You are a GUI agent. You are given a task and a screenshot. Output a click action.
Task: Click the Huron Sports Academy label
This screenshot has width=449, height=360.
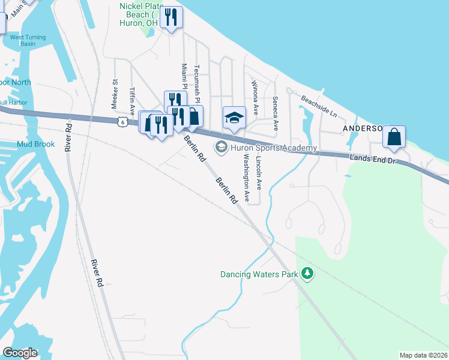tap(273, 148)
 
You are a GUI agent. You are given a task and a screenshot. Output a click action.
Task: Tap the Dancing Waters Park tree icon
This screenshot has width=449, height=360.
tap(307, 274)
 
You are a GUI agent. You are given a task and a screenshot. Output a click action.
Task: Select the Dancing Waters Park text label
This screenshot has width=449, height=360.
tap(259, 274)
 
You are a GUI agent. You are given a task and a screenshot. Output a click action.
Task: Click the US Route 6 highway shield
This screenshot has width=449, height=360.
tap(122, 122)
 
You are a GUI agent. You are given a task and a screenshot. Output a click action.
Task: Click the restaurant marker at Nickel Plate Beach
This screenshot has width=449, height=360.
tap(172, 17)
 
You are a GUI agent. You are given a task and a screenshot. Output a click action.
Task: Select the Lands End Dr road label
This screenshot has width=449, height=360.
tap(373, 158)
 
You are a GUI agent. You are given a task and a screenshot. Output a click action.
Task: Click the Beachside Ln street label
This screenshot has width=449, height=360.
tap(319, 106)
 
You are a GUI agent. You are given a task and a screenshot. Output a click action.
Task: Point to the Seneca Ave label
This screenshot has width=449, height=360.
tap(276, 113)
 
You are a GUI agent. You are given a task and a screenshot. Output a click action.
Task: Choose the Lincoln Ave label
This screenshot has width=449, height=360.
tap(259, 174)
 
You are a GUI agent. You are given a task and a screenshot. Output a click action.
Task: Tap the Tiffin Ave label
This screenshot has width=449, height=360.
tap(131, 101)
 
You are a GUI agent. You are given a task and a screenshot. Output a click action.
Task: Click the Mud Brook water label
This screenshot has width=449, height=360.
tap(36, 144)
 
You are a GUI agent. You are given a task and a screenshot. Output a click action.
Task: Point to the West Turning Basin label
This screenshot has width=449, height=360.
tap(27, 41)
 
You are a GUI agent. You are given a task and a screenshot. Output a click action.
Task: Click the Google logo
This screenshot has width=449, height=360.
tap(20, 353)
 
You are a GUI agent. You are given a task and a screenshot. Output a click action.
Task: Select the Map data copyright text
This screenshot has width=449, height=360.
tap(424, 354)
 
